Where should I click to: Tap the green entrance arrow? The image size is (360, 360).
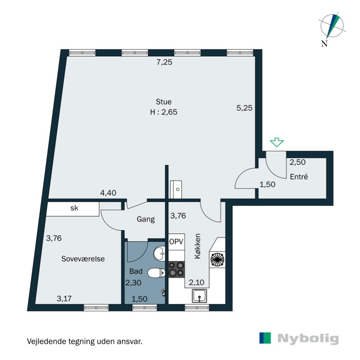276,143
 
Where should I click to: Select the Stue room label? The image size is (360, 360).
164,102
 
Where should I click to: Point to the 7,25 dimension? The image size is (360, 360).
164,63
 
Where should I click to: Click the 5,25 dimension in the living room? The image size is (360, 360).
245,108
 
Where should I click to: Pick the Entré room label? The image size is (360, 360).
299,177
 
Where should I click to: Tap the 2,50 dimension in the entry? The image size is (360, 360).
297,162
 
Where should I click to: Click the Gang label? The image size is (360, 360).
145,220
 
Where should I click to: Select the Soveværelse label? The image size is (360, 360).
83,259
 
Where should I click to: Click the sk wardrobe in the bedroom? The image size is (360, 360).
74,208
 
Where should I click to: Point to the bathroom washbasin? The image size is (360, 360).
160,254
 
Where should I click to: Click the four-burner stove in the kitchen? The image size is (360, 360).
176,269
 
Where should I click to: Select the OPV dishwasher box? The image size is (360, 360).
176,242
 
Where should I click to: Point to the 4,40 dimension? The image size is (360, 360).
108,193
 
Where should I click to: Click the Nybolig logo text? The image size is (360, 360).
308,338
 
